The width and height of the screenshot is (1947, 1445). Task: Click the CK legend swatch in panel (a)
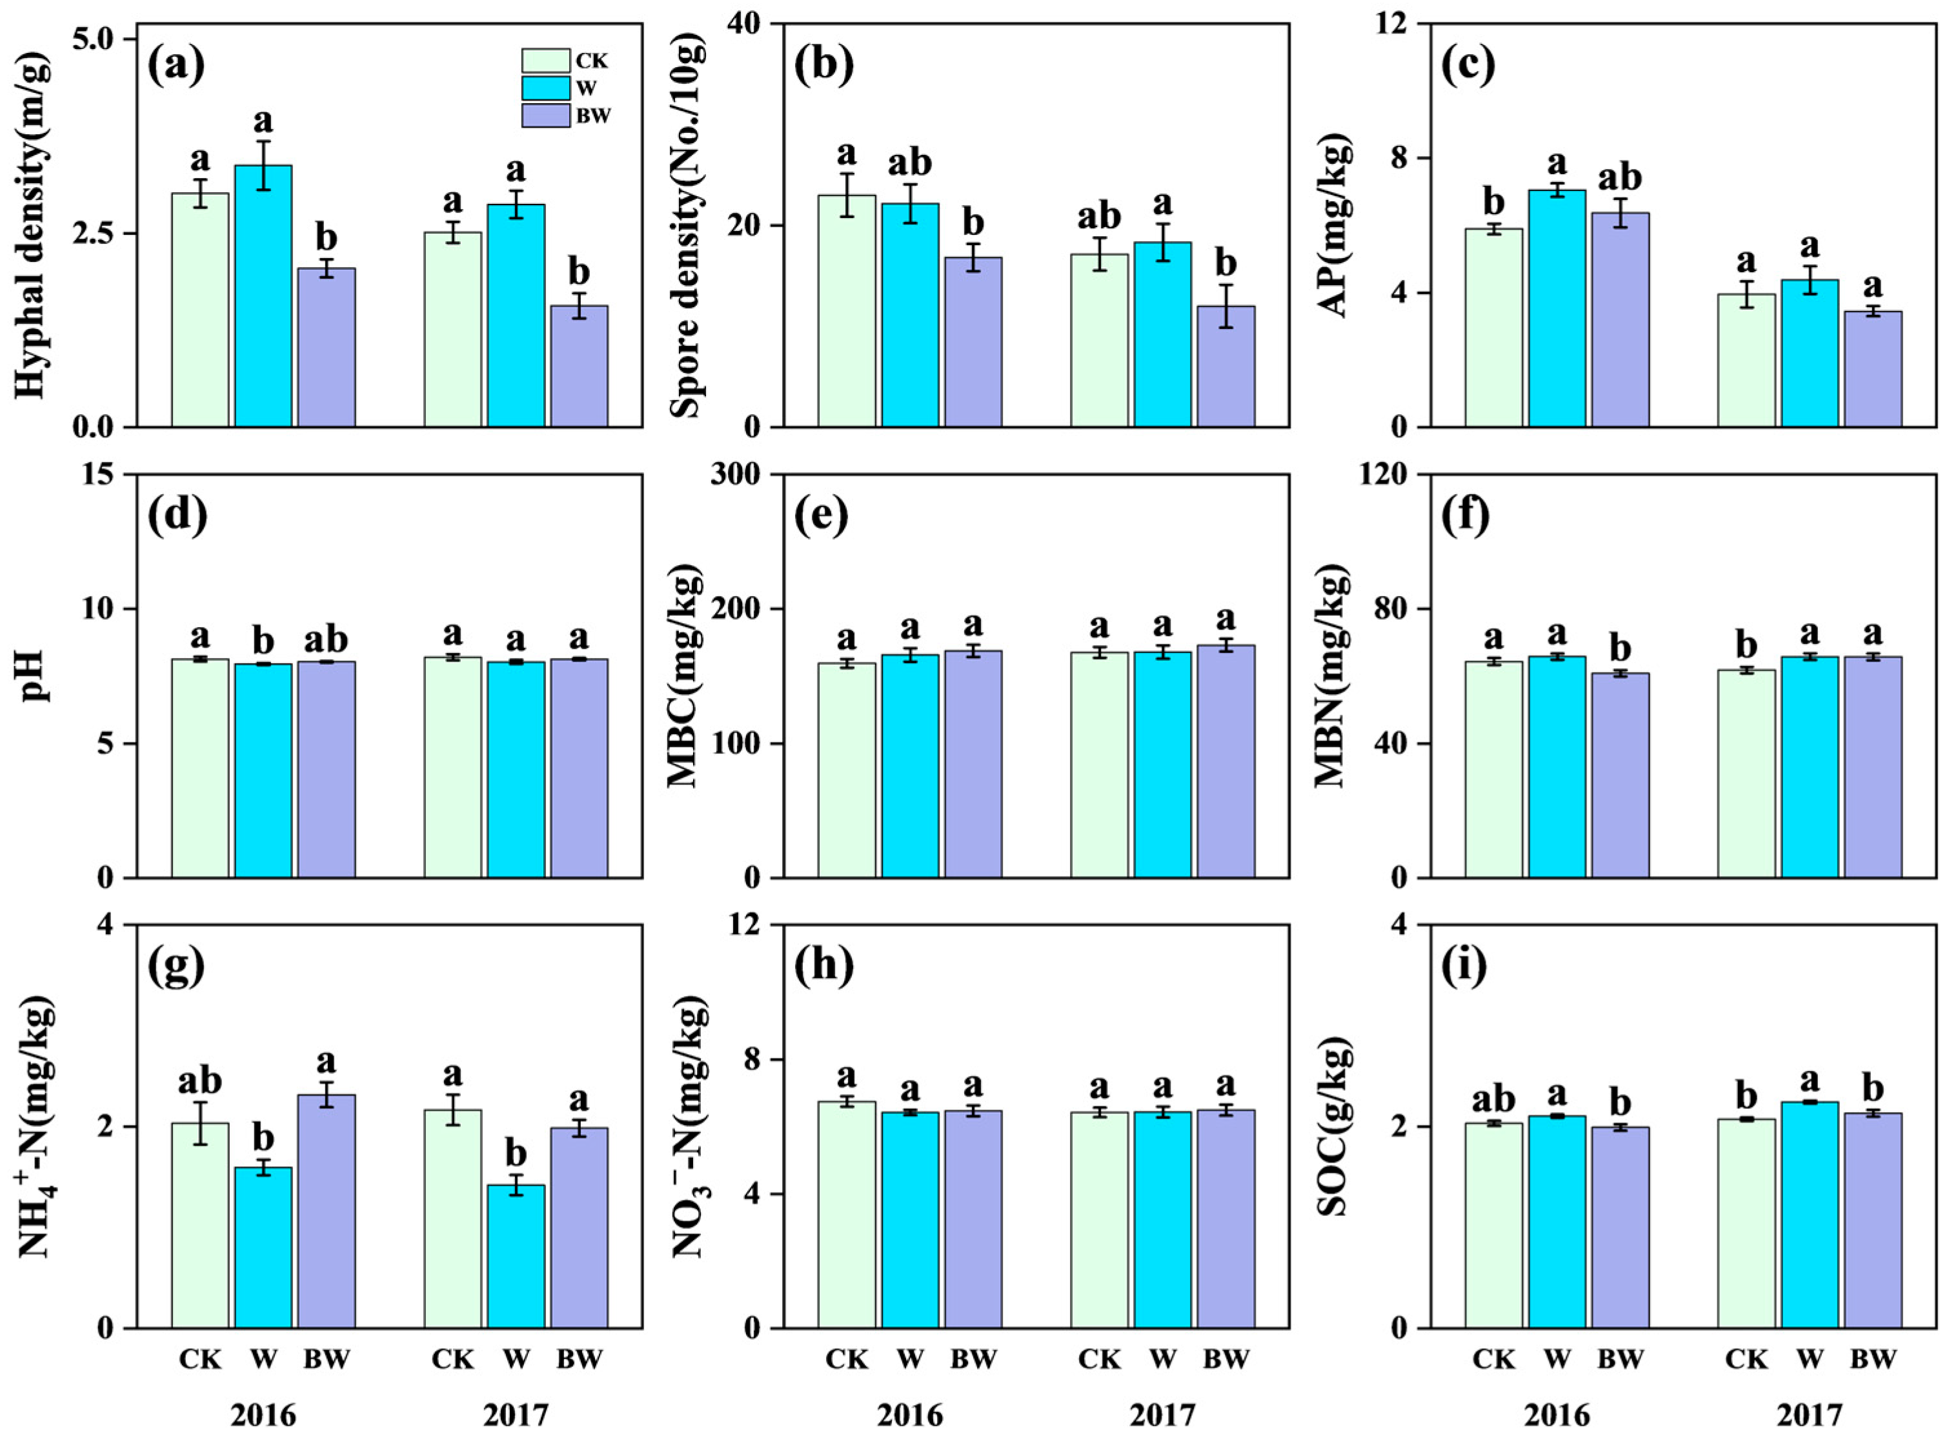(544, 61)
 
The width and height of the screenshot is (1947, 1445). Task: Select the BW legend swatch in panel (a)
(544, 115)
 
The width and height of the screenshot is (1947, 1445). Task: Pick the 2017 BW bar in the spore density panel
(1226, 366)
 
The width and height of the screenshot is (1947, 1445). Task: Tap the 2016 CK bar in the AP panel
(1494, 327)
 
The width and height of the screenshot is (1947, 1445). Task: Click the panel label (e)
(822, 517)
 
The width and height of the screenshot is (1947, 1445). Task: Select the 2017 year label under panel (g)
(516, 1415)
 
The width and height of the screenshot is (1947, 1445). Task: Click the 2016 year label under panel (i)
(1557, 1415)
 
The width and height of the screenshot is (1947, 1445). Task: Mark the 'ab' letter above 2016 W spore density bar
(910, 164)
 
